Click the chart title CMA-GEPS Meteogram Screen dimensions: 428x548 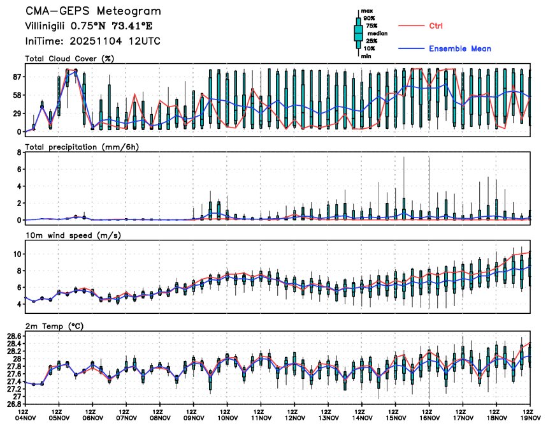tap(93, 11)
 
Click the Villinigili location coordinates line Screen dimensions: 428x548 tap(89, 26)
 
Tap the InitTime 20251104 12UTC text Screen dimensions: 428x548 tap(92, 41)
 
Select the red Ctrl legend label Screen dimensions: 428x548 tap(436, 26)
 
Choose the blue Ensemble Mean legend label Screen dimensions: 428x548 tap(459, 48)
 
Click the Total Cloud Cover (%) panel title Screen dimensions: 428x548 tap(69, 59)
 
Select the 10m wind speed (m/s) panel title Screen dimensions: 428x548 tap(73, 235)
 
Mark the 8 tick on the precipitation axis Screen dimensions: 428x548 tap(19, 152)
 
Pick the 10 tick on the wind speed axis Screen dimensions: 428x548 tap(17, 254)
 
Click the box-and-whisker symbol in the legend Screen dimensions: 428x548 tap(358, 33)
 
